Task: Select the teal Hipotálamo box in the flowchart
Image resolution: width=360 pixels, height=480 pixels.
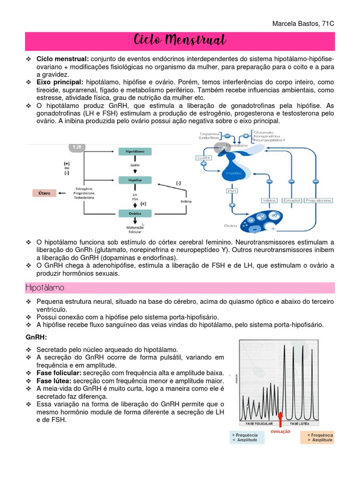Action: pyautogui.click(x=138, y=152)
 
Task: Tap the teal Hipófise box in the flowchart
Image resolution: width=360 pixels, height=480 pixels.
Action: pyautogui.click(x=138, y=180)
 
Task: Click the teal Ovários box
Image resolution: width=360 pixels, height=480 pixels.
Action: pyautogui.click(x=138, y=214)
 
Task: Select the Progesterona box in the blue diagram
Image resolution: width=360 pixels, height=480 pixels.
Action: pyautogui.click(x=318, y=201)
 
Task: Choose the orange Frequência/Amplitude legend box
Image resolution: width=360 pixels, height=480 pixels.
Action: pyautogui.click(x=320, y=437)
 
